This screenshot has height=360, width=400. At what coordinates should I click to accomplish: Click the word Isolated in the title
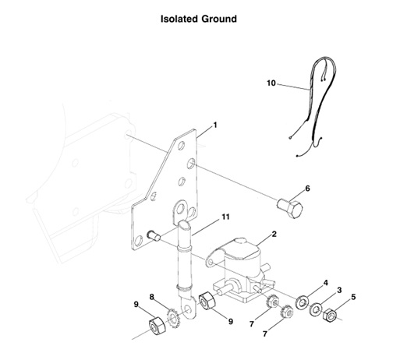[179, 18]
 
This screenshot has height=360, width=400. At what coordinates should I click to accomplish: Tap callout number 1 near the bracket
[215, 125]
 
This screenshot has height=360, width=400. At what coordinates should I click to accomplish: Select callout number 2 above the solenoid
[274, 234]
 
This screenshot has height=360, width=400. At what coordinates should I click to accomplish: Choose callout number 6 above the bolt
[307, 188]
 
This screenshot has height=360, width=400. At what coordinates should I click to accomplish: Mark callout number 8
[152, 296]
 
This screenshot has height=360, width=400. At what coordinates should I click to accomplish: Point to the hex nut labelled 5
[329, 315]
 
